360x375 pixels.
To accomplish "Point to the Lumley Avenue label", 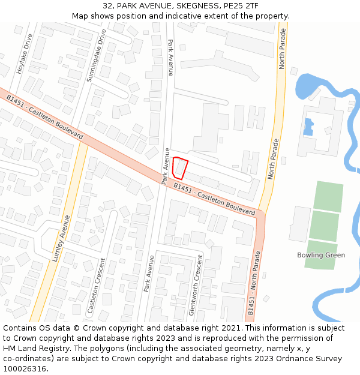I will [61, 238].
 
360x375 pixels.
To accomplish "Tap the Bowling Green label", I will [321, 255].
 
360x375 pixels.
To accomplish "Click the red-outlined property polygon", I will [179, 167].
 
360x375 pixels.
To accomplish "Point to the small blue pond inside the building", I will [308, 127].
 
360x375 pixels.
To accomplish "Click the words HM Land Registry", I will [36, 349].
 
